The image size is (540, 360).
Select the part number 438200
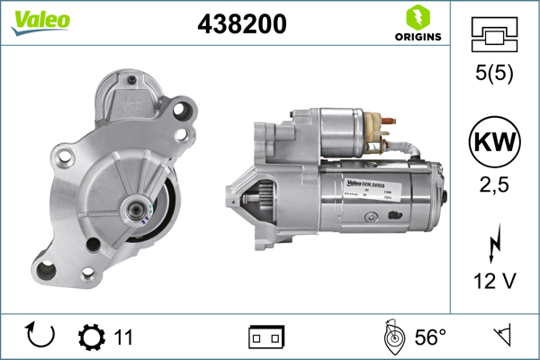coord(241,25)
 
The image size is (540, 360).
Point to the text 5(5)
coord(493,76)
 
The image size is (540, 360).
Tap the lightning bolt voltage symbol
coord(493,245)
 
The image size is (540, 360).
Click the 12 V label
coord(493,282)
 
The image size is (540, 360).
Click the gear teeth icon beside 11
coord(91,337)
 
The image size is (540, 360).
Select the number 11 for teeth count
coord(123,337)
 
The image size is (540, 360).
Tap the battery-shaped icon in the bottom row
coord(265,337)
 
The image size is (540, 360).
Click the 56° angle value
coord(429,337)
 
